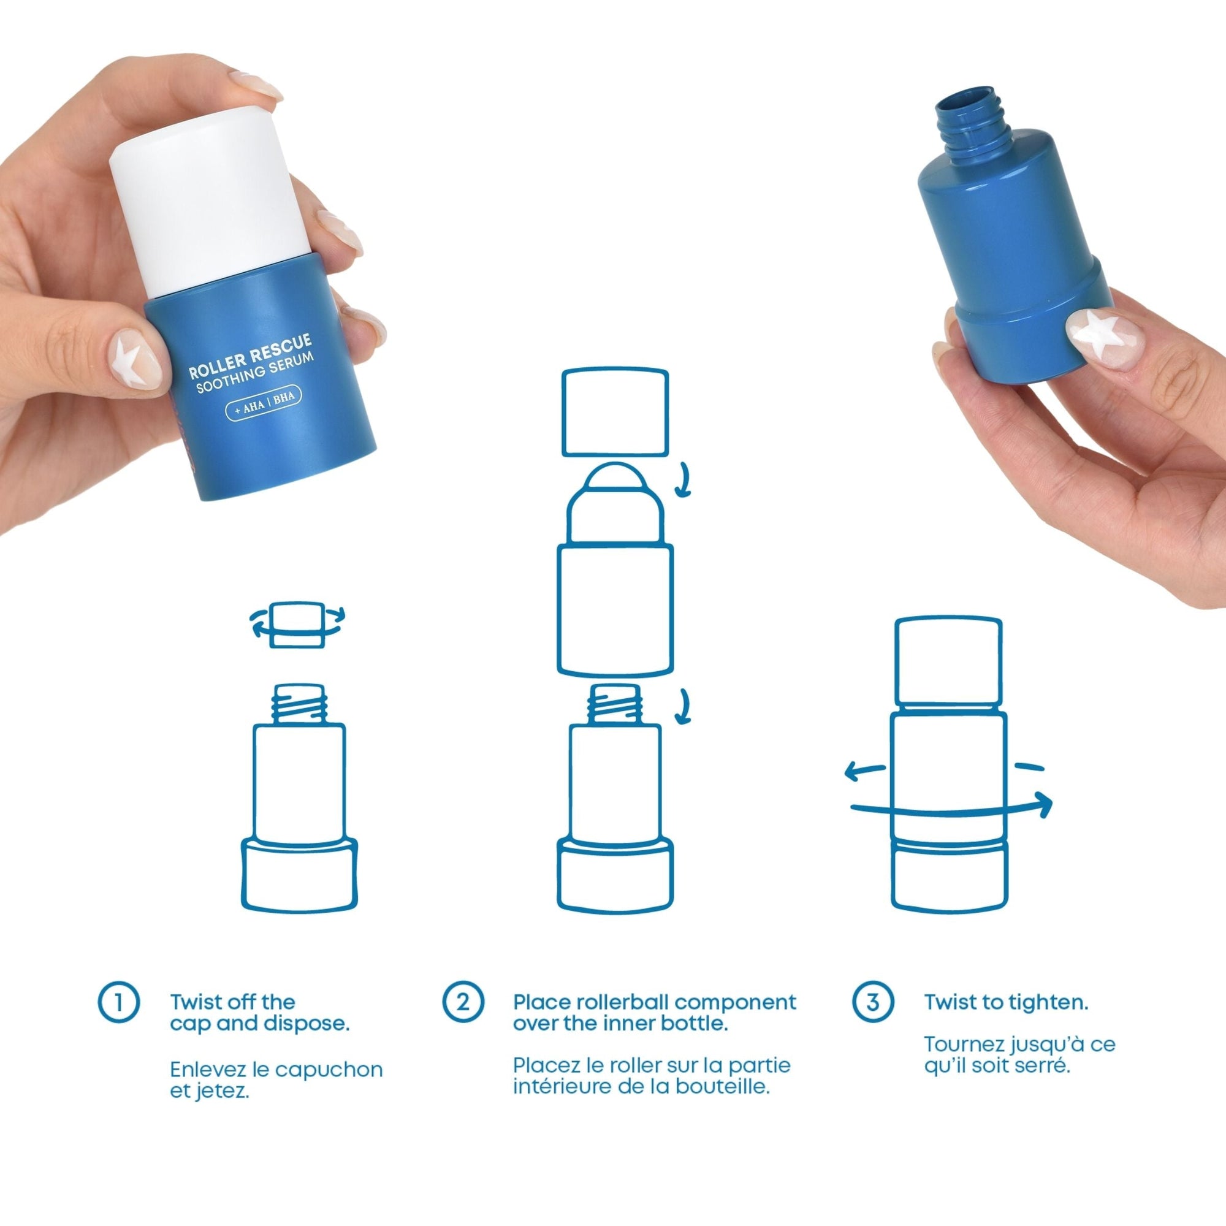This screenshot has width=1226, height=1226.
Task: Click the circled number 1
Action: (119, 1003)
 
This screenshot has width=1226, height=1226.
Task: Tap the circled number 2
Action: (463, 1002)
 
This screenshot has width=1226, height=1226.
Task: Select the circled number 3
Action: (872, 1002)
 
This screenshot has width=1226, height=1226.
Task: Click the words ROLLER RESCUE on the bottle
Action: (250, 357)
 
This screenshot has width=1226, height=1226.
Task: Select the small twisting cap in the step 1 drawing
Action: (298, 626)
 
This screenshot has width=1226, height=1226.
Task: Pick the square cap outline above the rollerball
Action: (615, 413)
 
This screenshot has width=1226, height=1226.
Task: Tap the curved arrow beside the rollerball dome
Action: (683, 480)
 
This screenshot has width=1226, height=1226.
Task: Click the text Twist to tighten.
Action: (1006, 1003)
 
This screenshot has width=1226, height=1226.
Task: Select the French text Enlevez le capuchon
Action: (276, 1070)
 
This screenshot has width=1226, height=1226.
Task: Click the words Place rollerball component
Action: (654, 1003)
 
